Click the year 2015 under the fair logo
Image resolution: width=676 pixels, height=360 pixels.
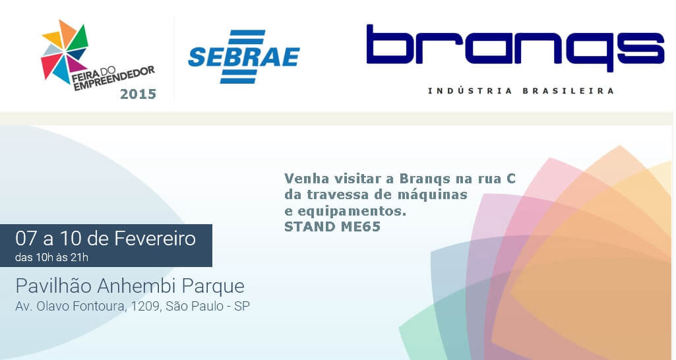(x=138, y=94)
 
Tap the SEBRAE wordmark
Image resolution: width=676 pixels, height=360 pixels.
(x=243, y=57)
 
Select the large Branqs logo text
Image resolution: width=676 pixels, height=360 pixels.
(x=514, y=47)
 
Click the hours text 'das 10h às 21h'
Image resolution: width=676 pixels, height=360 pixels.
(x=51, y=257)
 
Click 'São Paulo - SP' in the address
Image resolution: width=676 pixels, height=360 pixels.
(x=208, y=307)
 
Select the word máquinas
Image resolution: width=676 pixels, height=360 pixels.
(x=437, y=195)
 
